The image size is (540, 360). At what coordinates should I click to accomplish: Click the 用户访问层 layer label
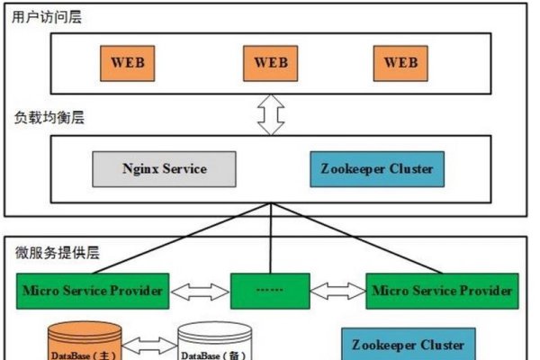pyautogui.click(x=47, y=17)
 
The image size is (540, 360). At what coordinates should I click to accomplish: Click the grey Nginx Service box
pyautogui.click(x=165, y=168)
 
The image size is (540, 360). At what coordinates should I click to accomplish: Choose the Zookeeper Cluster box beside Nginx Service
pyautogui.click(x=376, y=168)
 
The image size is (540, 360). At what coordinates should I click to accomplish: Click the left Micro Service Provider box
pyautogui.click(x=94, y=291)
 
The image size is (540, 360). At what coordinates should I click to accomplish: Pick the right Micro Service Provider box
pyautogui.click(x=442, y=291)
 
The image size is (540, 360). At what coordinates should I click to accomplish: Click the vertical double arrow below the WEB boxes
pyautogui.click(x=270, y=114)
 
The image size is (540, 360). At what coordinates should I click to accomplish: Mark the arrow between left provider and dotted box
pyautogui.click(x=200, y=291)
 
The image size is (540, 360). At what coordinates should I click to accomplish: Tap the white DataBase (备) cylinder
pyautogui.click(x=214, y=346)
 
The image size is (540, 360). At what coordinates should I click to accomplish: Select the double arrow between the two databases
pyautogui.click(x=149, y=344)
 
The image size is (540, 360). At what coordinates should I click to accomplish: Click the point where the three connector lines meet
pyautogui.click(x=270, y=203)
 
